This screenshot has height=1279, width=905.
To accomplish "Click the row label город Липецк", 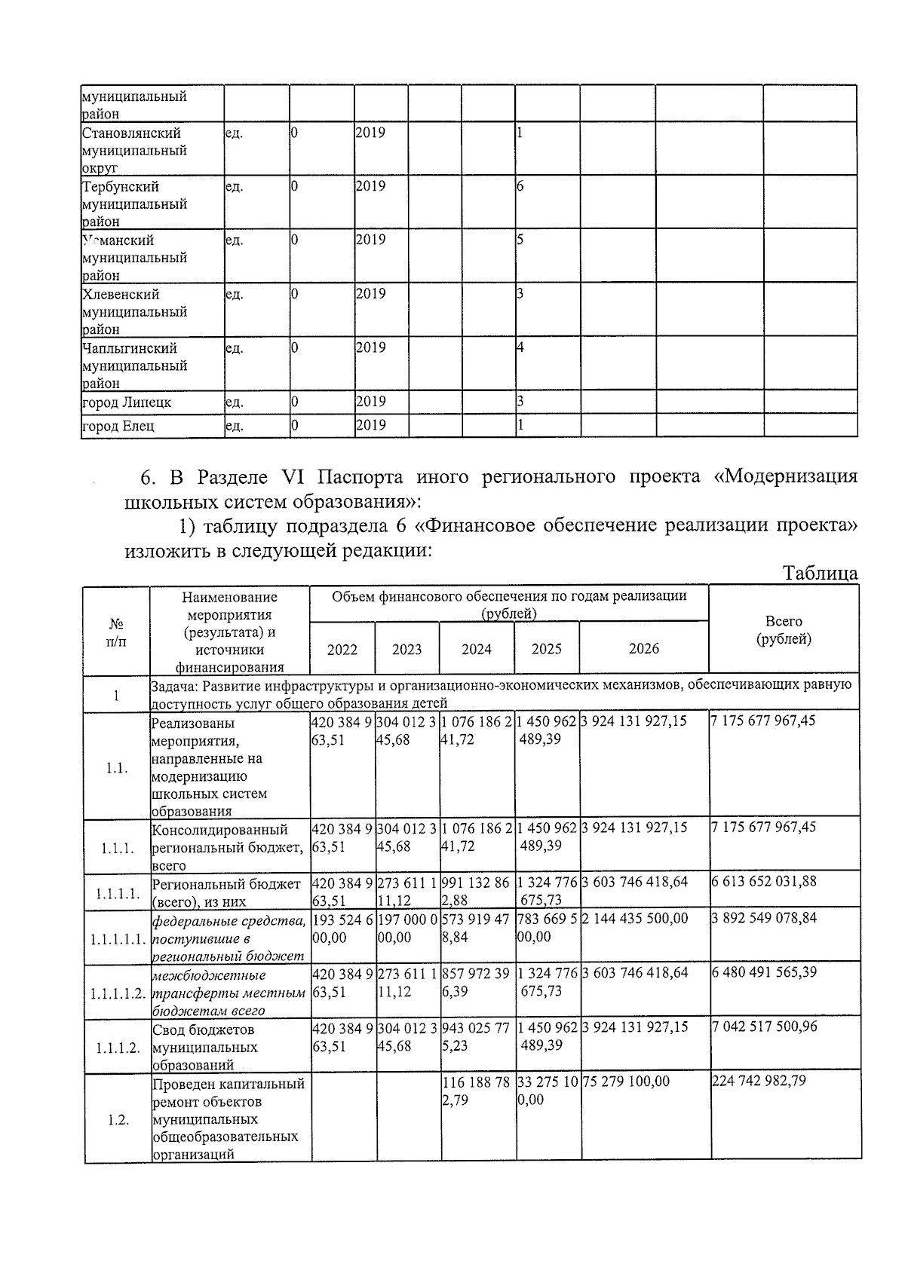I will tap(127, 402).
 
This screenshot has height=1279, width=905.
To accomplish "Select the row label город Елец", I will tap(118, 426).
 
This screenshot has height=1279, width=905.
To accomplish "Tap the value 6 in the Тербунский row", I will tap(520, 186).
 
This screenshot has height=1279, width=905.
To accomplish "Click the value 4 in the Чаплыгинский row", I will tap(520, 348).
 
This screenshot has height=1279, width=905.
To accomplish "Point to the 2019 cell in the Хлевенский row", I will tap(370, 294).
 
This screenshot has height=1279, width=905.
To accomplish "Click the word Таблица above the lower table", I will tap(821, 573).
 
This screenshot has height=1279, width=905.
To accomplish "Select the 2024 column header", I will tap(477, 649).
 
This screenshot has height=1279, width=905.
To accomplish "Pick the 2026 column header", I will tap(644, 649).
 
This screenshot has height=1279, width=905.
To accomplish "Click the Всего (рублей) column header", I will tap(784, 630).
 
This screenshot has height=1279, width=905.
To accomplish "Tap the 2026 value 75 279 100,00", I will tap(626, 1081).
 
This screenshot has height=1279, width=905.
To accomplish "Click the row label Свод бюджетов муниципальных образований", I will tap(204, 1047).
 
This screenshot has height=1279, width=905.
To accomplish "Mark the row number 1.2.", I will tap(117, 1120).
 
